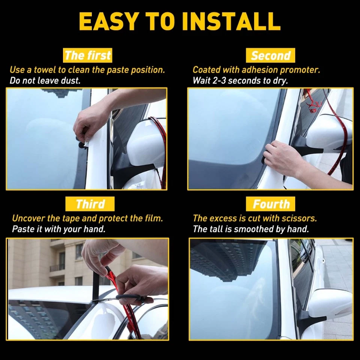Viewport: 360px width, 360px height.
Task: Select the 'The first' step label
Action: click(88, 55)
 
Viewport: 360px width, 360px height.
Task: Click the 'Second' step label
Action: click(271, 55)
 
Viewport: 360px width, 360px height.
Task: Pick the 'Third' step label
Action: click(90, 204)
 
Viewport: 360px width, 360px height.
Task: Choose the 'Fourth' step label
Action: click(271, 204)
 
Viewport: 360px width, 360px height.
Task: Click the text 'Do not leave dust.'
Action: click(45, 80)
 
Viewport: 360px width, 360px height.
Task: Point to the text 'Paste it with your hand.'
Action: click(58, 229)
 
